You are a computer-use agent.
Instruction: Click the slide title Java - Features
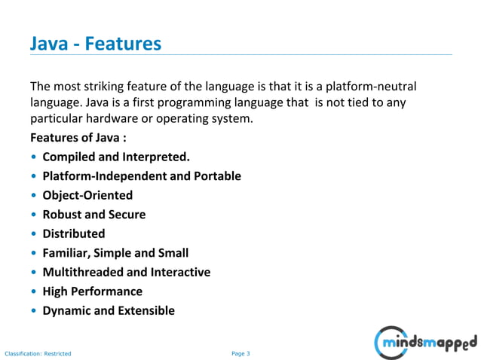[95, 44]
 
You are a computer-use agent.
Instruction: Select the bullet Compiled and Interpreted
[116, 157]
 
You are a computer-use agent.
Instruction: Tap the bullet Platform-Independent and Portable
[142, 176]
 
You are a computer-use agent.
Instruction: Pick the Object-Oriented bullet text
[87, 195]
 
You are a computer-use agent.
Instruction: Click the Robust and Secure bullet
[94, 215]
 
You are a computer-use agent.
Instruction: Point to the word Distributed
[74, 233]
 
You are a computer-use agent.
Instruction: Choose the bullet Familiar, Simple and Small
[115, 253]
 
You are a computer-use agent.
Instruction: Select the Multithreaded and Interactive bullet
[127, 272]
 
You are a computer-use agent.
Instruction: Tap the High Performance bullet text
[92, 291]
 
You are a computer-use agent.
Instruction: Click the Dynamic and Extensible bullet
[109, 310]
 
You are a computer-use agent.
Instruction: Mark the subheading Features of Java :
[78, 138]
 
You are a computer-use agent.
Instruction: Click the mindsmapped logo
[427, 343]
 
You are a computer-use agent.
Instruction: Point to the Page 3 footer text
[240, 352]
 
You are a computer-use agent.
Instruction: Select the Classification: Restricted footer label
[38, 352]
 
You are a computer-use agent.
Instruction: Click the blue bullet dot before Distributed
[34, 234]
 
